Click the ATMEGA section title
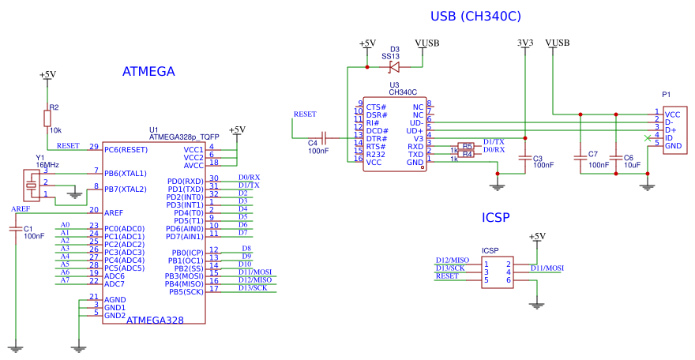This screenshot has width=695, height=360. coord(148,72)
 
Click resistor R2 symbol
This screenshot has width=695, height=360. coord(47,118)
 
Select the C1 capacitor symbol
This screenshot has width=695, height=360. coord(16,230)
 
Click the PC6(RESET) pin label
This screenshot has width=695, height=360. coord(126,149)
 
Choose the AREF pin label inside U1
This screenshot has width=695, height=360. coord(115,212)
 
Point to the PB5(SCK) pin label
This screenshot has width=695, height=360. coord(186,291)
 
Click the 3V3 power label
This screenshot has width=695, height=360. coord(525,43)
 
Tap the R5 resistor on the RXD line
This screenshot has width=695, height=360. coord(468,146)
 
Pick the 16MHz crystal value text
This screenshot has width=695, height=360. coord(47,166)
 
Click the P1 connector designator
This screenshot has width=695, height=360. coord(667,95)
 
